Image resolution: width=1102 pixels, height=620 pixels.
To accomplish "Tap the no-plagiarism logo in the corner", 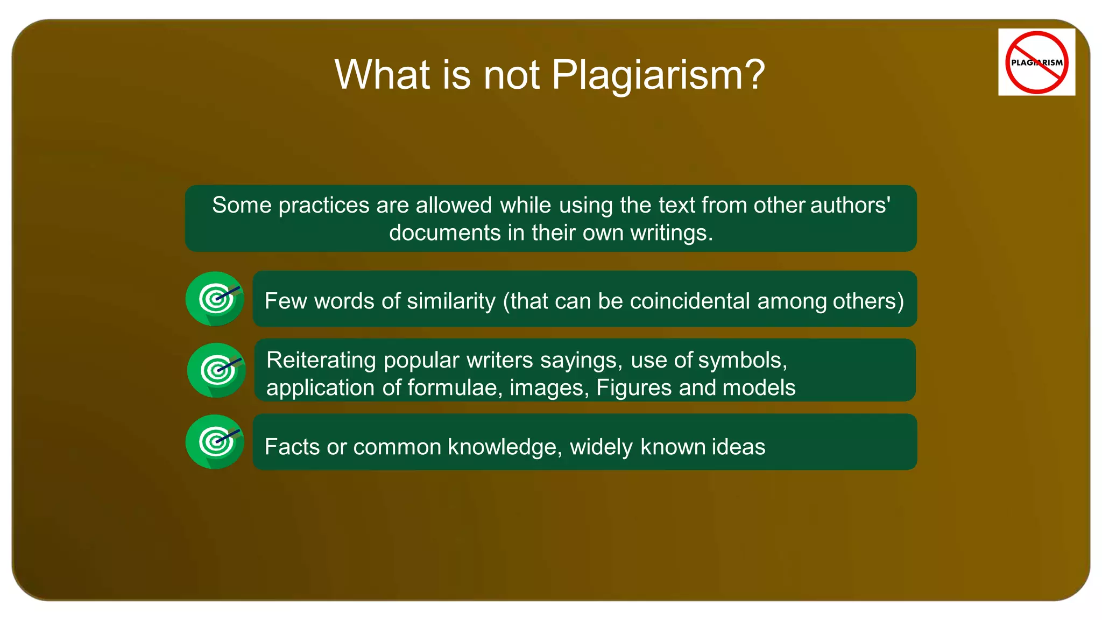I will tap(1036, 62).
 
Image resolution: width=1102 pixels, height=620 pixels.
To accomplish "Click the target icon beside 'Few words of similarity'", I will tap(215, 299).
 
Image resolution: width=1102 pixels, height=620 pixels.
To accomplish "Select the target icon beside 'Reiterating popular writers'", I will tap(216, 370).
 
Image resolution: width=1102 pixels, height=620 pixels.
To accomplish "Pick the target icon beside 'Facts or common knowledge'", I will tap(215, 442).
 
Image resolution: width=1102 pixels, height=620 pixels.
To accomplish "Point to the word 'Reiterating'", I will tap(321, 360).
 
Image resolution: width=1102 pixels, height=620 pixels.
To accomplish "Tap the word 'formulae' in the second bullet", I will tap(451, 388).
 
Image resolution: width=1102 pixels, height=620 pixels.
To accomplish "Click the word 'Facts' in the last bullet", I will tap(292, 447).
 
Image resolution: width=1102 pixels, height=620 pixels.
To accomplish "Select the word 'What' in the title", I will tap(383, 75).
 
